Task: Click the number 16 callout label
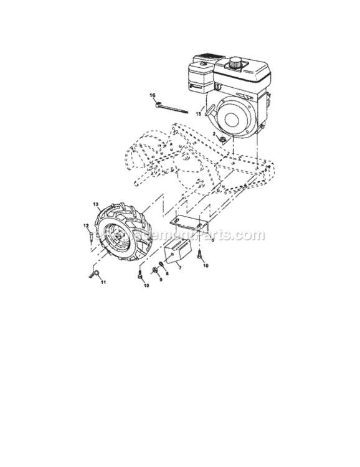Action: [152, 95]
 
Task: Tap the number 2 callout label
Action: [214, 134]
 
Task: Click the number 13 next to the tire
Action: [96, 204]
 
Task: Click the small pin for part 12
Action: [91, 237]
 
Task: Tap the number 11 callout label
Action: [104, 282]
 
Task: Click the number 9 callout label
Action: [159, 280]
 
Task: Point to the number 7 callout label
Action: [180, 268]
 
